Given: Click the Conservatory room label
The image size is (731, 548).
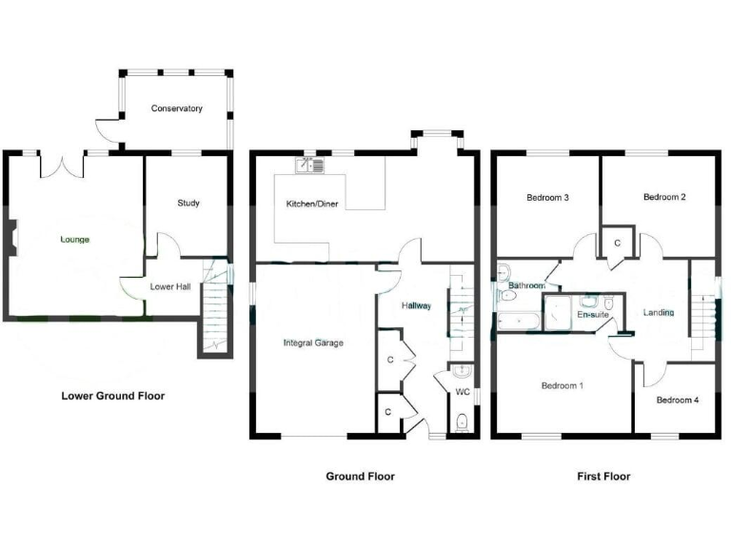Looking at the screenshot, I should point(177,108).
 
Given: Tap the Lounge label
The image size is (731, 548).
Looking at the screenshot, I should point(75,239).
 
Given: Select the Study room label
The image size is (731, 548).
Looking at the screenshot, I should point(188,203).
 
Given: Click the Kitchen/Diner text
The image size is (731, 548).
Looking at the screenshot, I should point(312,205).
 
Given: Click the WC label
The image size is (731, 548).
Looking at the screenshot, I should point(462,391).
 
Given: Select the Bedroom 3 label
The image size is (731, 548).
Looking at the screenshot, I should point(547,198).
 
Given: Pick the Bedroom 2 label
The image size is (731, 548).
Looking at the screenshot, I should point(664,197).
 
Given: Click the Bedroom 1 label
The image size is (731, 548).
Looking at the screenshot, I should point(562,385).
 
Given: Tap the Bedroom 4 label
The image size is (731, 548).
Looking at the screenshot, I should point(677,400).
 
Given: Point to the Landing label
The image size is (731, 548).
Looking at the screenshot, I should point(659,312).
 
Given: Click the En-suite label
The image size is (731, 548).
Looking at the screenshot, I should point(592,313).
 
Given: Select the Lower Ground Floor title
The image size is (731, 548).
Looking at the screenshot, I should point(112,396).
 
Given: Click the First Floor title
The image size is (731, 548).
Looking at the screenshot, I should point(603,476).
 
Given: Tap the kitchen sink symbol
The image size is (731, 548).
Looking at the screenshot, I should point(310,166).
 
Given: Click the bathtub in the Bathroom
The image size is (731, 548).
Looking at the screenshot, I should point(517,321).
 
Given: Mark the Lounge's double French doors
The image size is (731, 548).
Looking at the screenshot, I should point(62,165).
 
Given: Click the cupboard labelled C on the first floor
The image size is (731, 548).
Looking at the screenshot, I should point(617,244).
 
